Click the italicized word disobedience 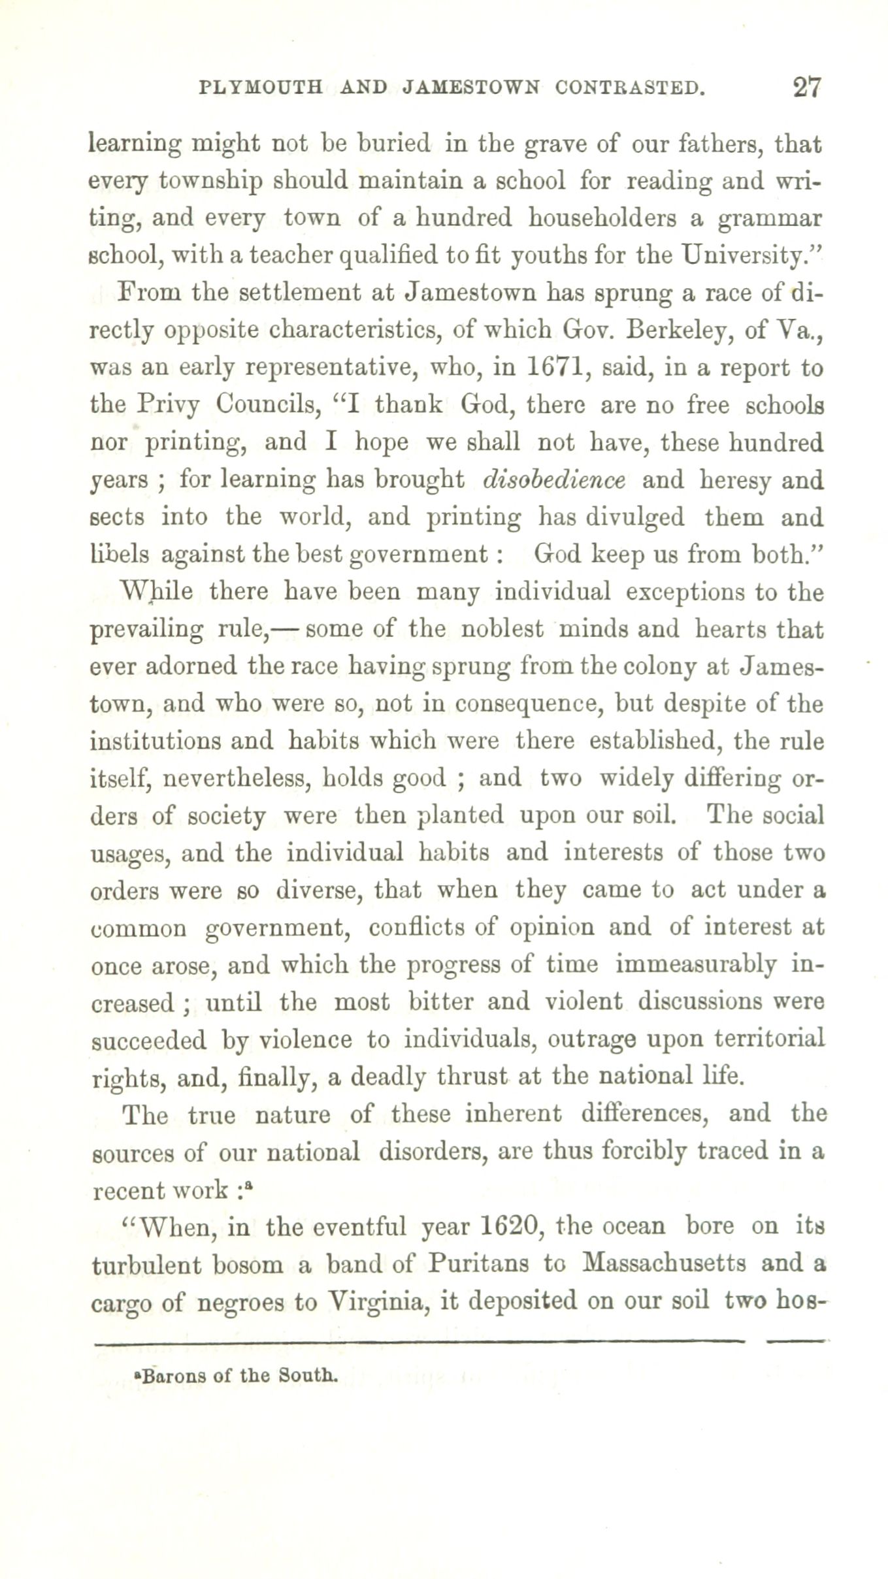click(x=554, y=480)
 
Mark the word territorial click(x=763, y=1039)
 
